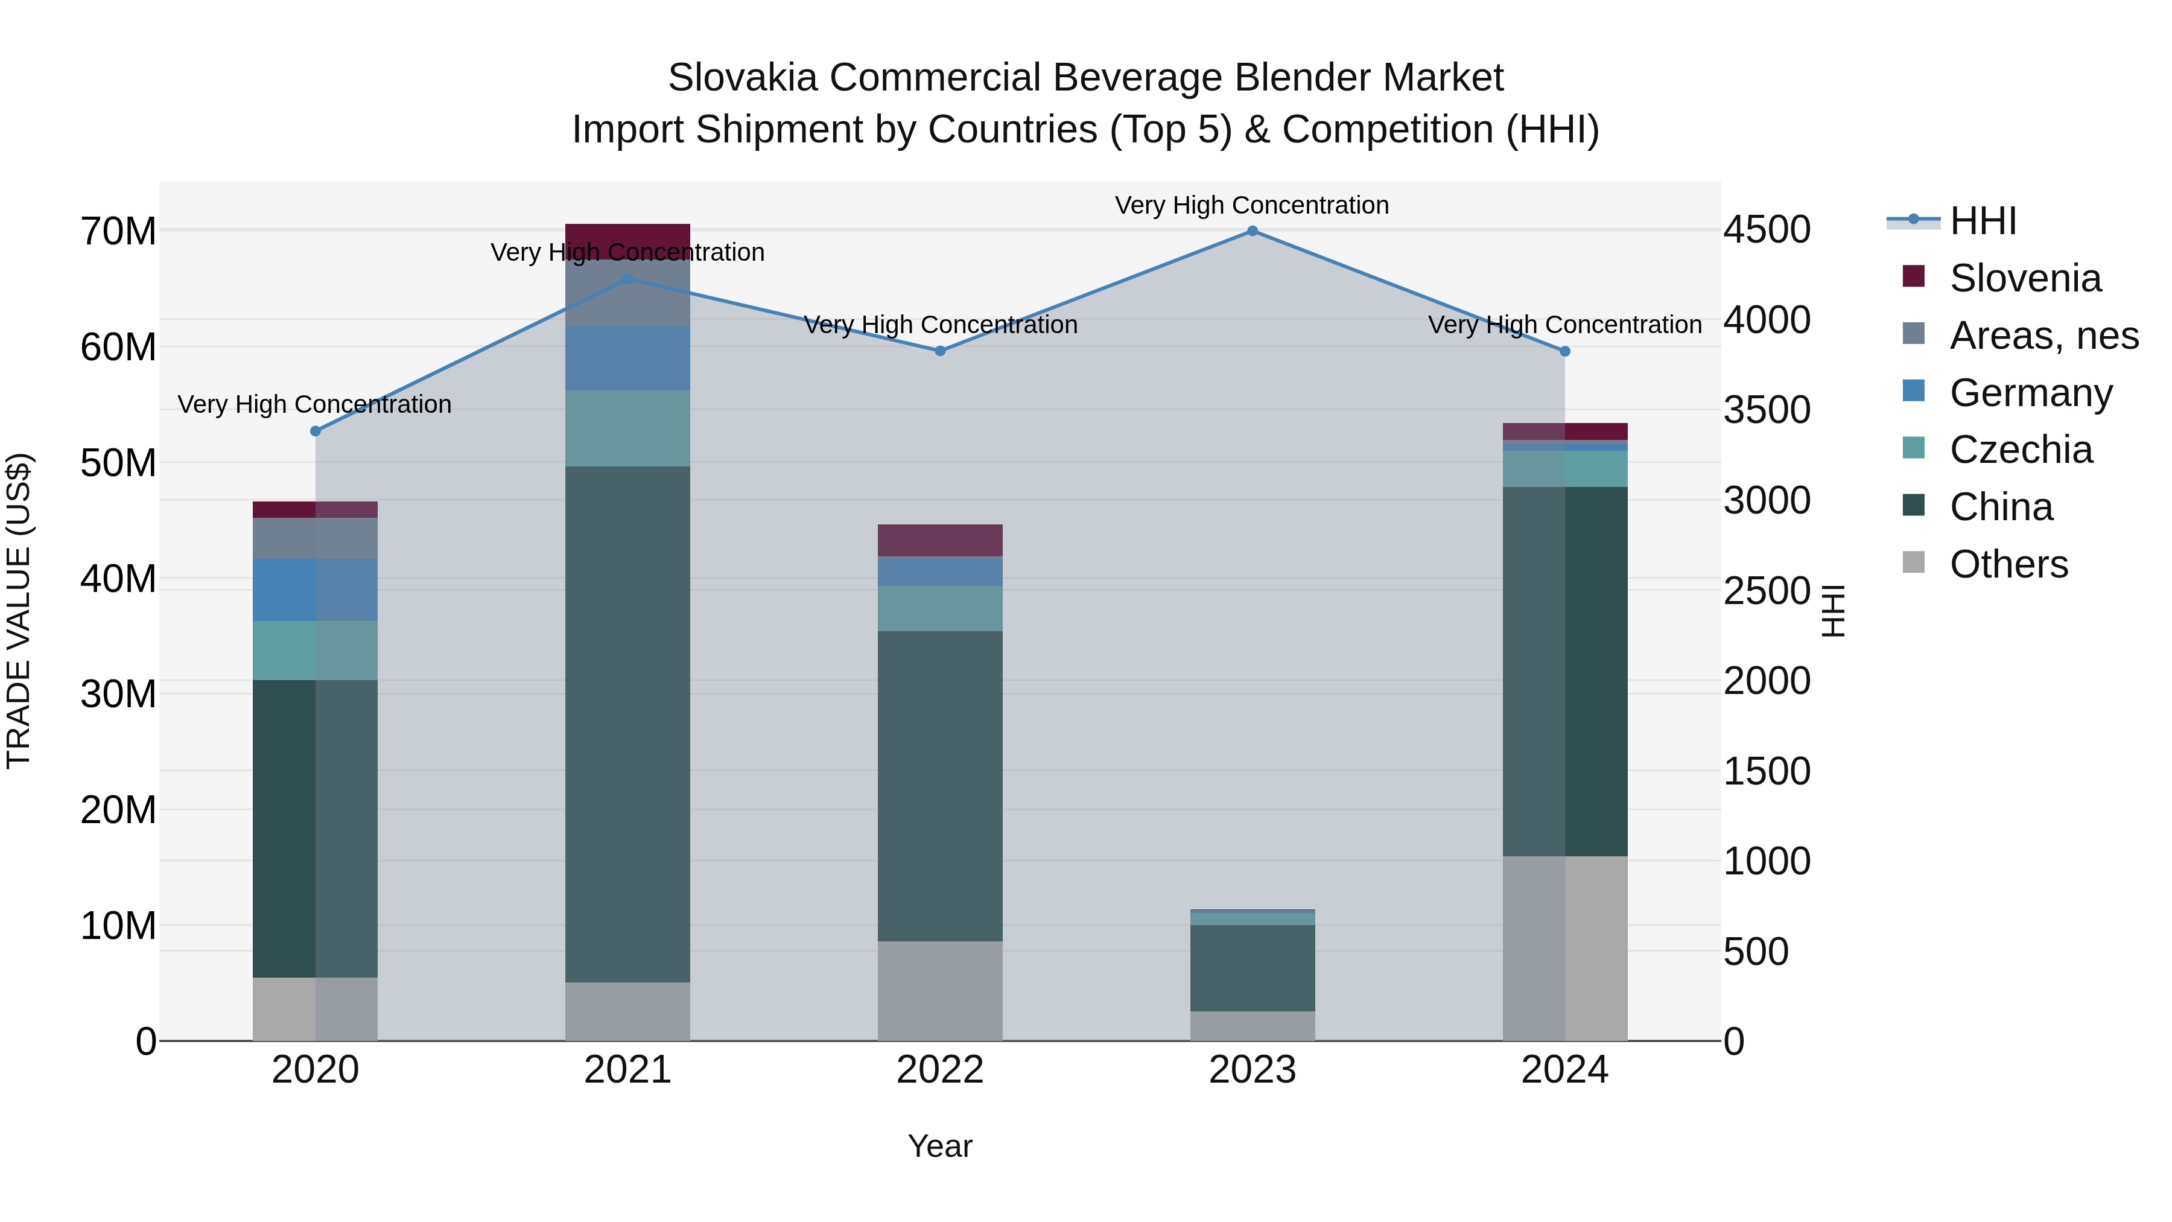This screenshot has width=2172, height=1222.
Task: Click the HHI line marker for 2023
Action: (x=1252, y=231)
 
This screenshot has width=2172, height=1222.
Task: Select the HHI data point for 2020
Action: (x=316, y=431)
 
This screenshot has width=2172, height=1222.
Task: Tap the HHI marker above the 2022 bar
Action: (x=940, y=351)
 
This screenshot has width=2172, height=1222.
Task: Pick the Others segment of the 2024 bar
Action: (x=1565, y=948)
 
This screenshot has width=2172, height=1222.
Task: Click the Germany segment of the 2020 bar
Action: (x=316, y=590)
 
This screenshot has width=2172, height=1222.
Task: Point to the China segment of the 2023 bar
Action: (x=1252, y=967)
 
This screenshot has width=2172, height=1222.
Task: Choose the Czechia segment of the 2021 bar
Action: (x=627, y=428)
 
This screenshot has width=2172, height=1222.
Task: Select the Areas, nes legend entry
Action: (x=2044, y=336)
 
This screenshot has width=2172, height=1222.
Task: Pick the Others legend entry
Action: (x=2008, y=564)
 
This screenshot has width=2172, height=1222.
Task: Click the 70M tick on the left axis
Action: (x=118, y=231)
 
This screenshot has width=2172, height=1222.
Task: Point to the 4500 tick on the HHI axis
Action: (x=1767, y=229)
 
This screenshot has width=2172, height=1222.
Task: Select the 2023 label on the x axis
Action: (x=1252, y=1070)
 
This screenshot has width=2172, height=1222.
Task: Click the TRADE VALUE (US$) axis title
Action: (x=19, y=611)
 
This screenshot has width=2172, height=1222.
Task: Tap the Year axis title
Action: (x=940, y=1146)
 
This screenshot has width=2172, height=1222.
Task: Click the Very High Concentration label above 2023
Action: (x=1252, y=205)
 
